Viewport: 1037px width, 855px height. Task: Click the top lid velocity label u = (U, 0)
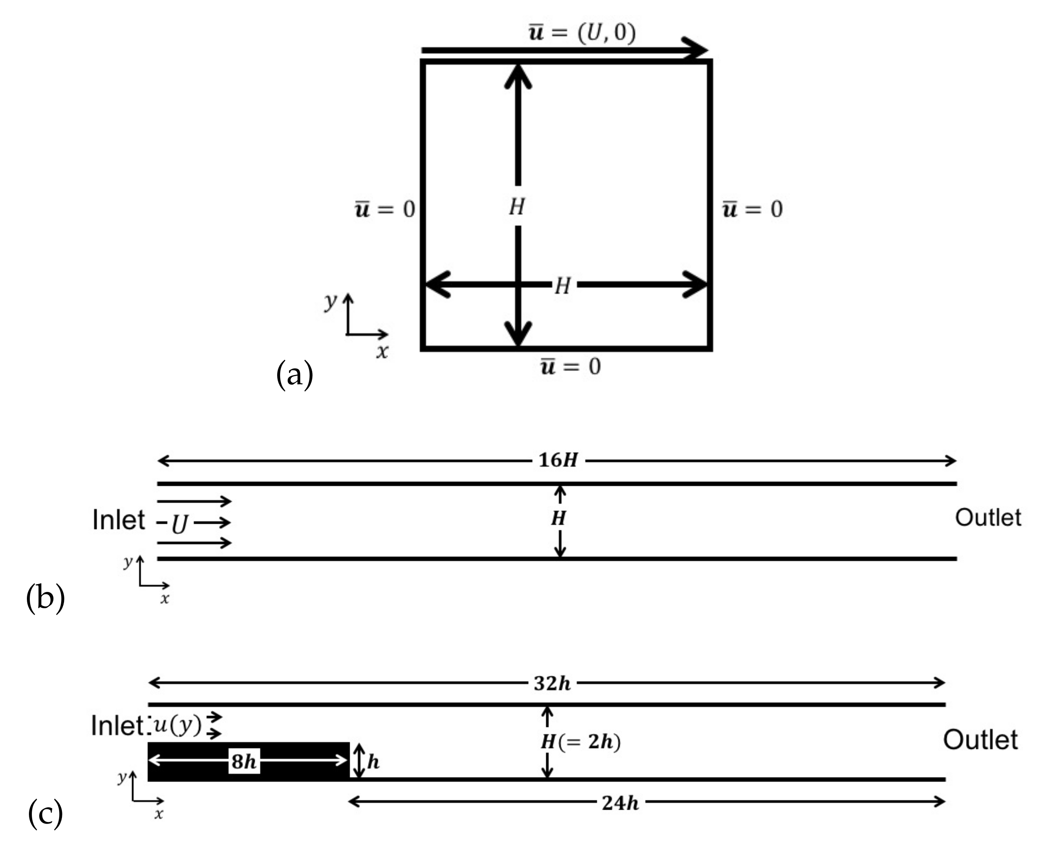click(x=582, y=33)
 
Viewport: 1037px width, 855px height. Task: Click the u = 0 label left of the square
click(x=385, y=209)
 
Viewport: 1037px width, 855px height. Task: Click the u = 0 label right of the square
click(x=752, y=209)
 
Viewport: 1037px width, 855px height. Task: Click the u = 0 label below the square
click(x=570, y=367)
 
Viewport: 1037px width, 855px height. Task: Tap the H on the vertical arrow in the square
click(x=517, y=206)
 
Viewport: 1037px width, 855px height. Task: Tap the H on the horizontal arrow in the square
click(x=562, y=285)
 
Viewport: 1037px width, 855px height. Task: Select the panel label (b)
click(x=45, y=598)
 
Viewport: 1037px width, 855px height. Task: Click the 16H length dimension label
click(x=558, y=460)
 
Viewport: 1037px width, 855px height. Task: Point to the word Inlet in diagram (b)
click(x=119, y=520)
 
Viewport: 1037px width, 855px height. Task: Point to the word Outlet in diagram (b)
click(x=988, y=518)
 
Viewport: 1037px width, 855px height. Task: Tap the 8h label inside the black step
click(x=244, y=762)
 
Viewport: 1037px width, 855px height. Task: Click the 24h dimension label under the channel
click(x=620, y=803)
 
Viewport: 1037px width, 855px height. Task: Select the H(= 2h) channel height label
click(x=580, y=742)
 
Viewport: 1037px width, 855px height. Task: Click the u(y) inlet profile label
click(x=177, y=725)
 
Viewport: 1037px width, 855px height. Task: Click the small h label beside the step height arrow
click(x=373, y=762)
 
